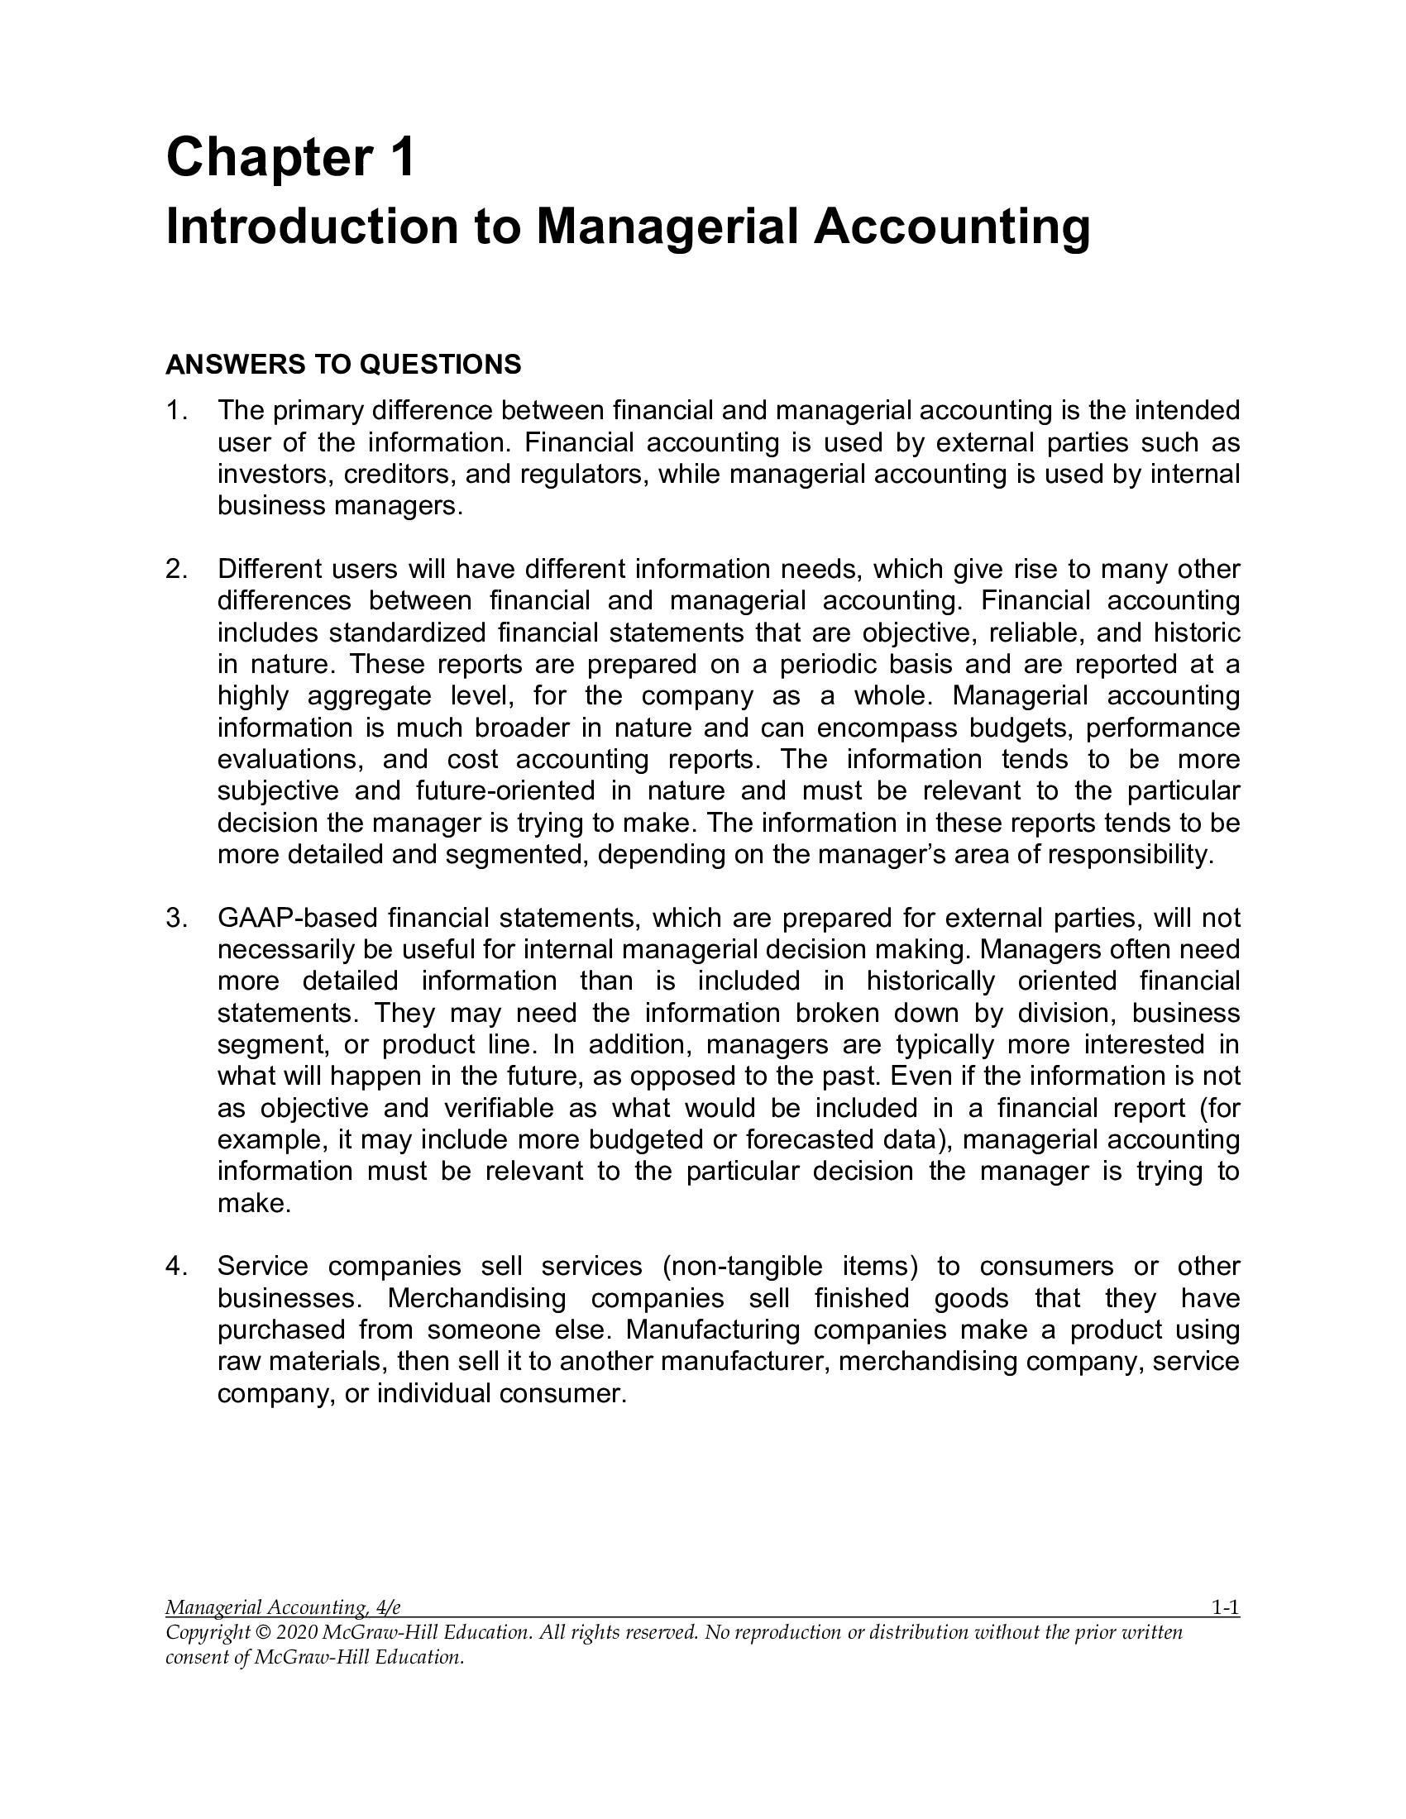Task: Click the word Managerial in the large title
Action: (x=662, y=227)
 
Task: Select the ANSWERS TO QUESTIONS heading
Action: (x=343, y=364)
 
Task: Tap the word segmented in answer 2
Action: (x=516, y=855)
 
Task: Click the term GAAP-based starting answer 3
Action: (x=296, y=919)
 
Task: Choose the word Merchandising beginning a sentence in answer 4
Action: (x=477, y=1298)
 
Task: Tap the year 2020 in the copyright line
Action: (x=296, y=1656)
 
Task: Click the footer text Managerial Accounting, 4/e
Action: (x=283, y=1631)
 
